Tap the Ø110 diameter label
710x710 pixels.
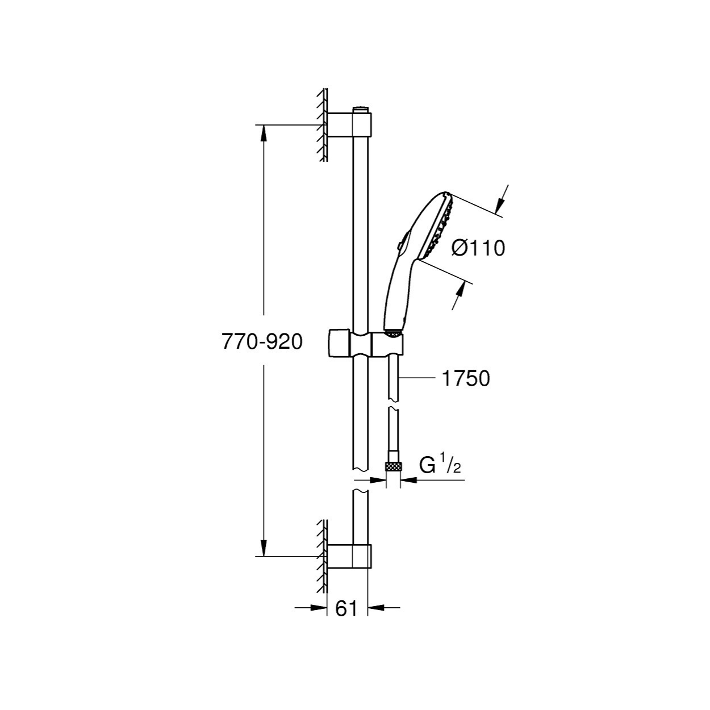pos(478,248)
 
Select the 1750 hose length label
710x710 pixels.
pos(466,378)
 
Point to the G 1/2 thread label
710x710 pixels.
pos(440,466)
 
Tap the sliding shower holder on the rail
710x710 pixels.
pos(365,344)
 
